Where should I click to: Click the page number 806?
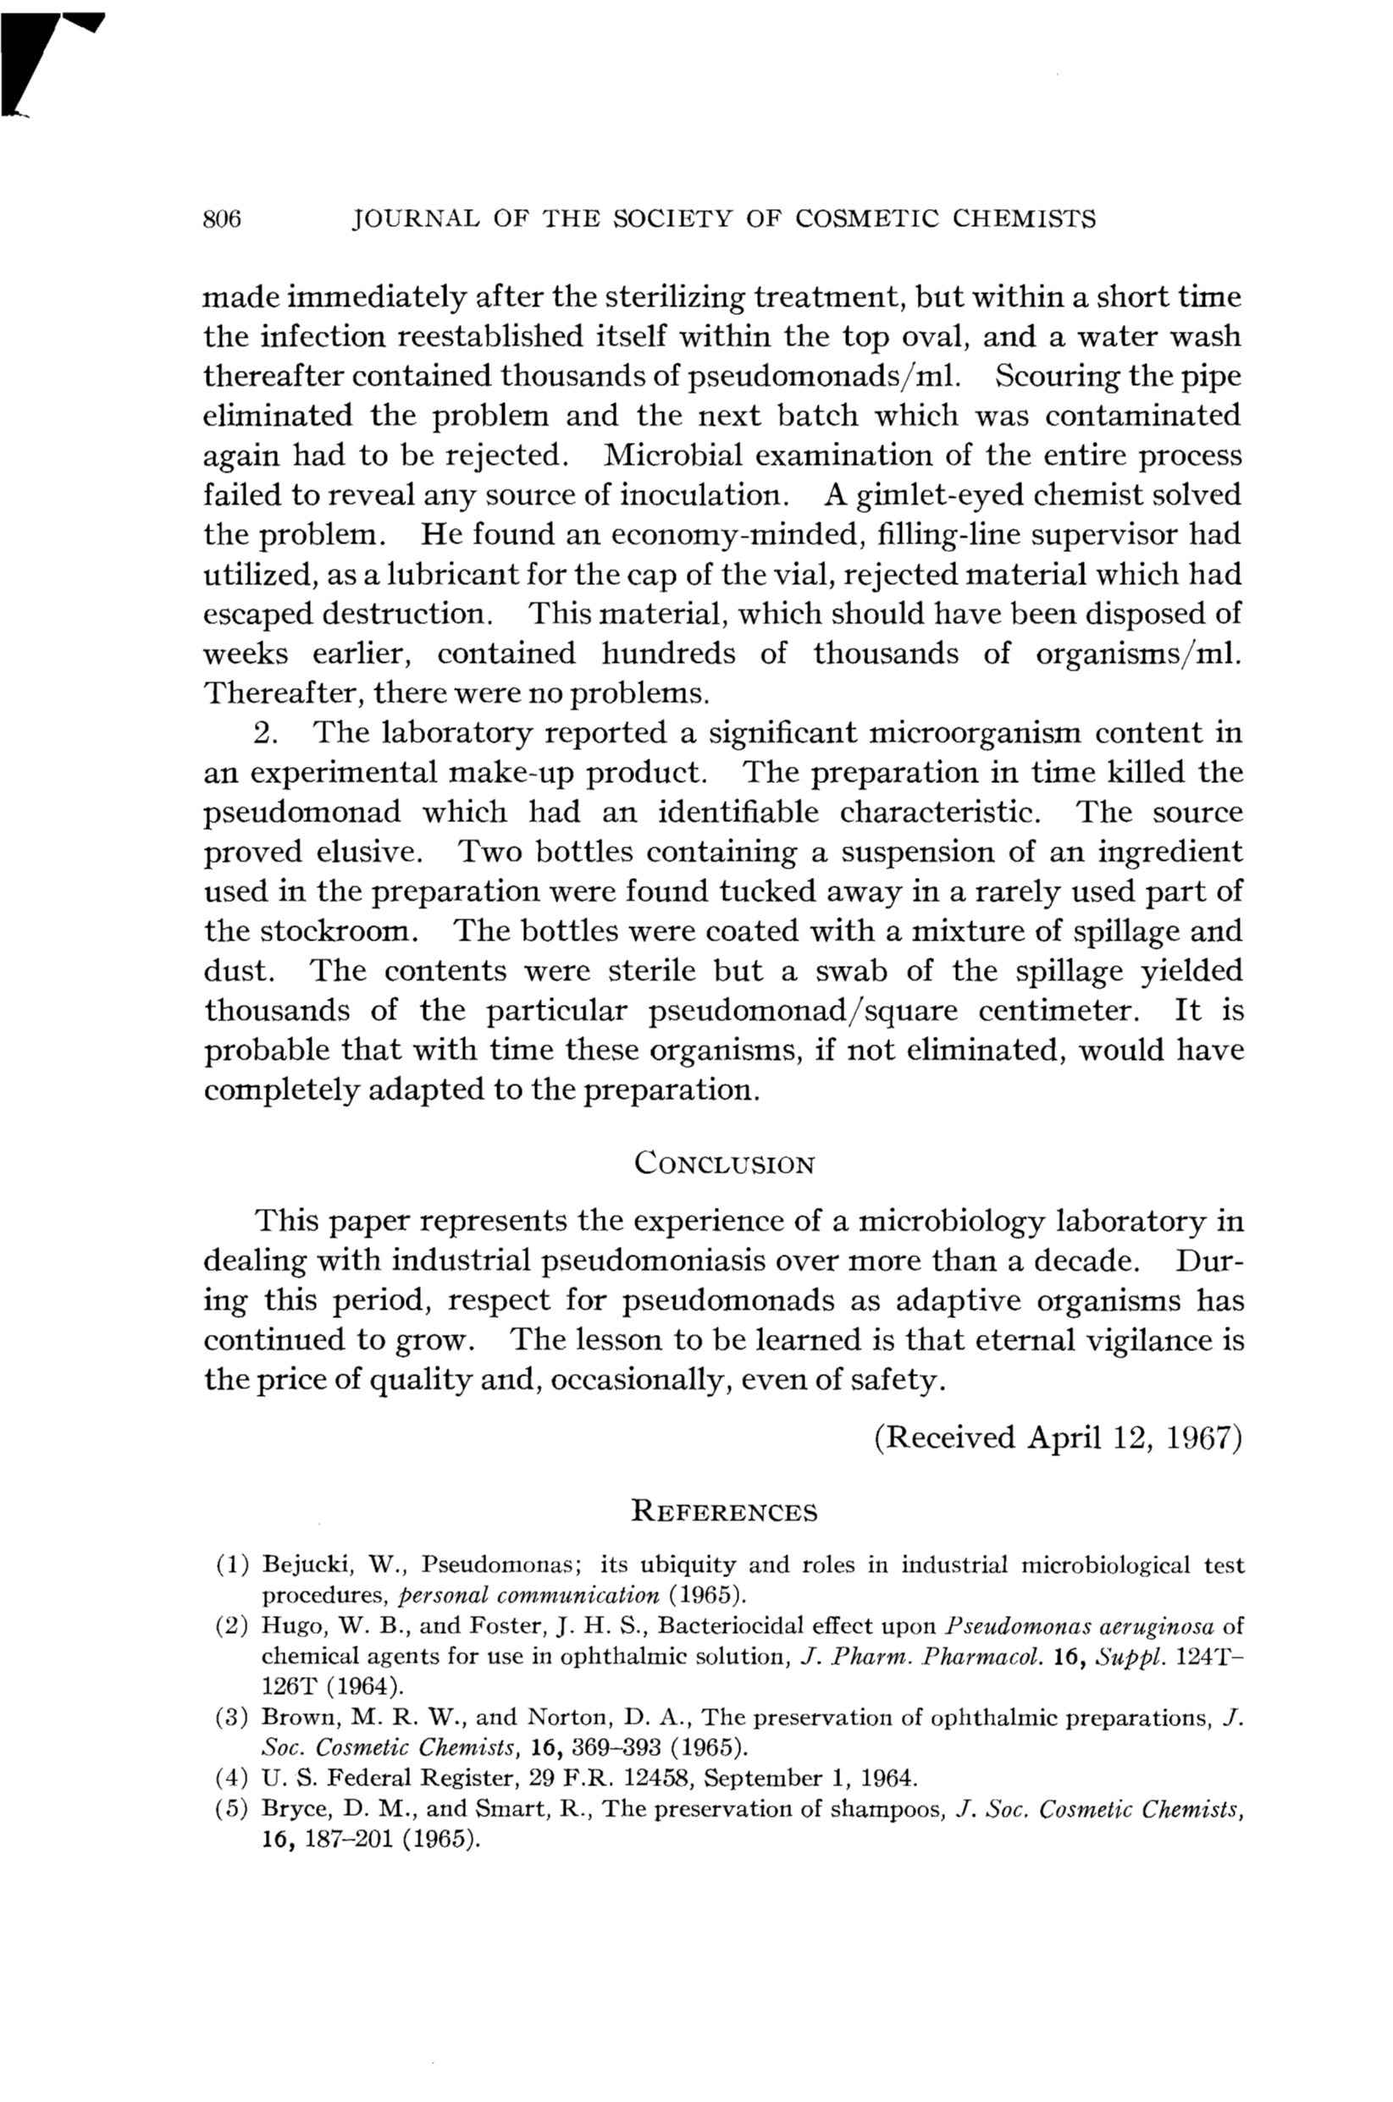pyautogui.click(x=222, y=219)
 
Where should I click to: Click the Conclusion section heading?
pyautogui.click(x=724, y=1164)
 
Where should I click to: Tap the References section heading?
pyautogui.click(x=723, y=1511)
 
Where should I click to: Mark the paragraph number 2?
pyautogui.click(x=264, y=733)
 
